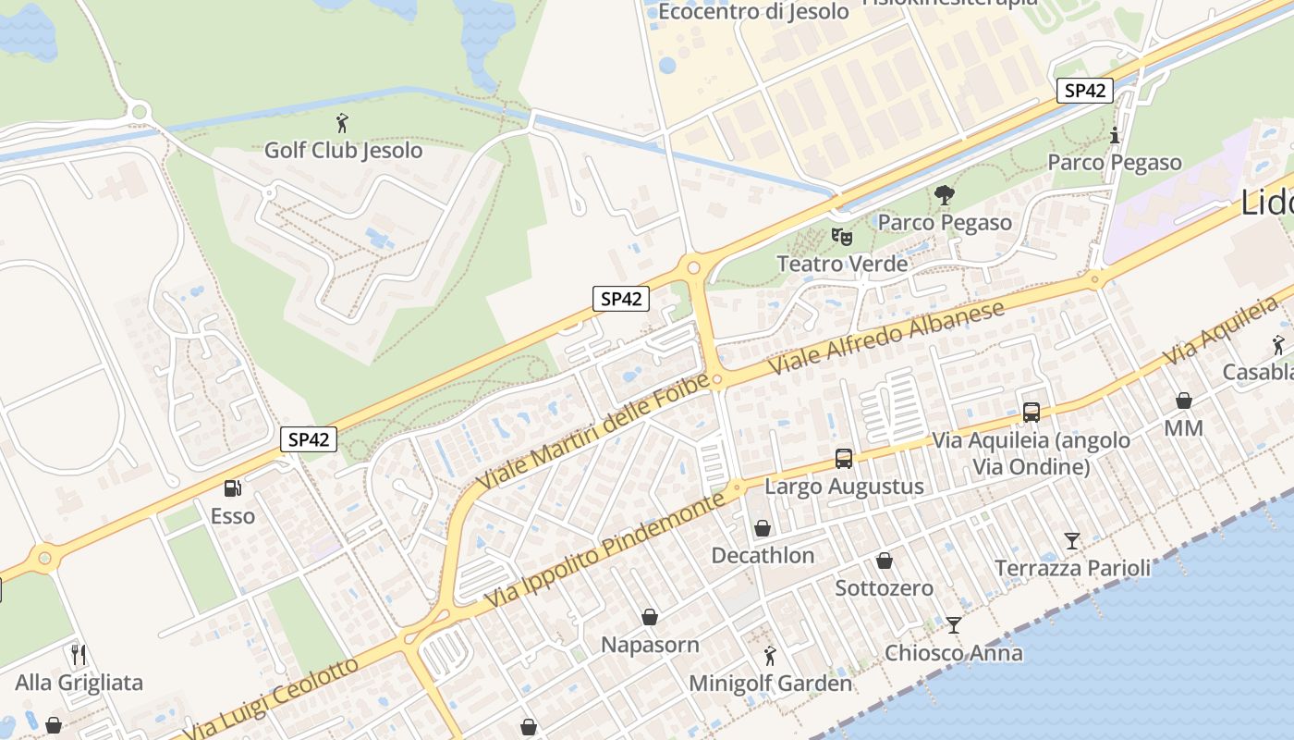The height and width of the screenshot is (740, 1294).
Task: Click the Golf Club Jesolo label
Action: [x=343, y=150]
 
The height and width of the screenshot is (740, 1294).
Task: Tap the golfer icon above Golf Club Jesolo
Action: [x=342, y=122]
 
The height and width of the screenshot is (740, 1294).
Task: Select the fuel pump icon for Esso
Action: [x=233, y=487]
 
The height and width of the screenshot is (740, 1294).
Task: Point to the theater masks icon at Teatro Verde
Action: [x=841, y=237]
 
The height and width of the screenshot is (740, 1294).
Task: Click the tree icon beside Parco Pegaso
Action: [x=944, y=195]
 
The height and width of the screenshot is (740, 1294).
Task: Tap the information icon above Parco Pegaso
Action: [x=1115, y=135]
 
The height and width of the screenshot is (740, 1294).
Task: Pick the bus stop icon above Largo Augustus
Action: [x=843, y=458]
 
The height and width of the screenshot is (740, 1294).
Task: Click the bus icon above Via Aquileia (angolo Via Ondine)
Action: [x=1031, y=413]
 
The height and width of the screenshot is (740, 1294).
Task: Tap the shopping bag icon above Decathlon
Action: [x=763, y=528]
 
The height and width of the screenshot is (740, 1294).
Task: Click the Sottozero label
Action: [x=884, y=587]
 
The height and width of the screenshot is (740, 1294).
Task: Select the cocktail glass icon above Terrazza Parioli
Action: [x=1071, y=540]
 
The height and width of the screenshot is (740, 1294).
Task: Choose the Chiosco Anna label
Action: [x=954, y=653]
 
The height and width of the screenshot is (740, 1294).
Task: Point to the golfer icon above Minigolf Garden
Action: [x=770, y=656]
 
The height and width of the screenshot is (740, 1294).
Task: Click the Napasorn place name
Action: [x=650, y=644]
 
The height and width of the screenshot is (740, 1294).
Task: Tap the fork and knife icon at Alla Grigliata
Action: [x=79, y=655]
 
